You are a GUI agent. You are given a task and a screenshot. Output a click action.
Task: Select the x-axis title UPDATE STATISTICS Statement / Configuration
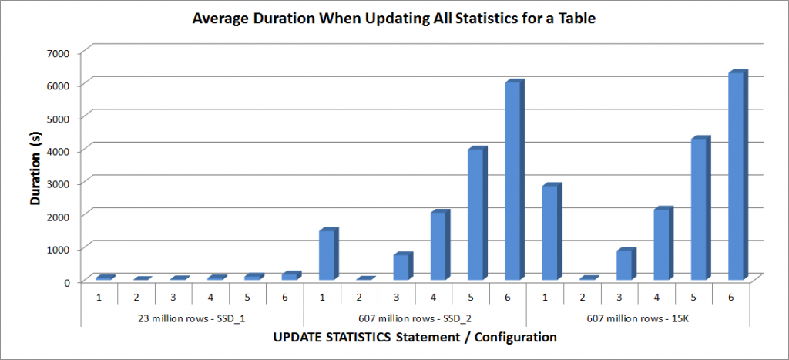[415, 337]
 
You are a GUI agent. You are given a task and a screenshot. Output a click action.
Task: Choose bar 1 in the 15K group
[550, 232]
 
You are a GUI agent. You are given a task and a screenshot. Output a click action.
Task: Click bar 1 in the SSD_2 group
[327, 254]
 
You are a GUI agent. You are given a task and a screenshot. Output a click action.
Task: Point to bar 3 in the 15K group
[624, 264]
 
